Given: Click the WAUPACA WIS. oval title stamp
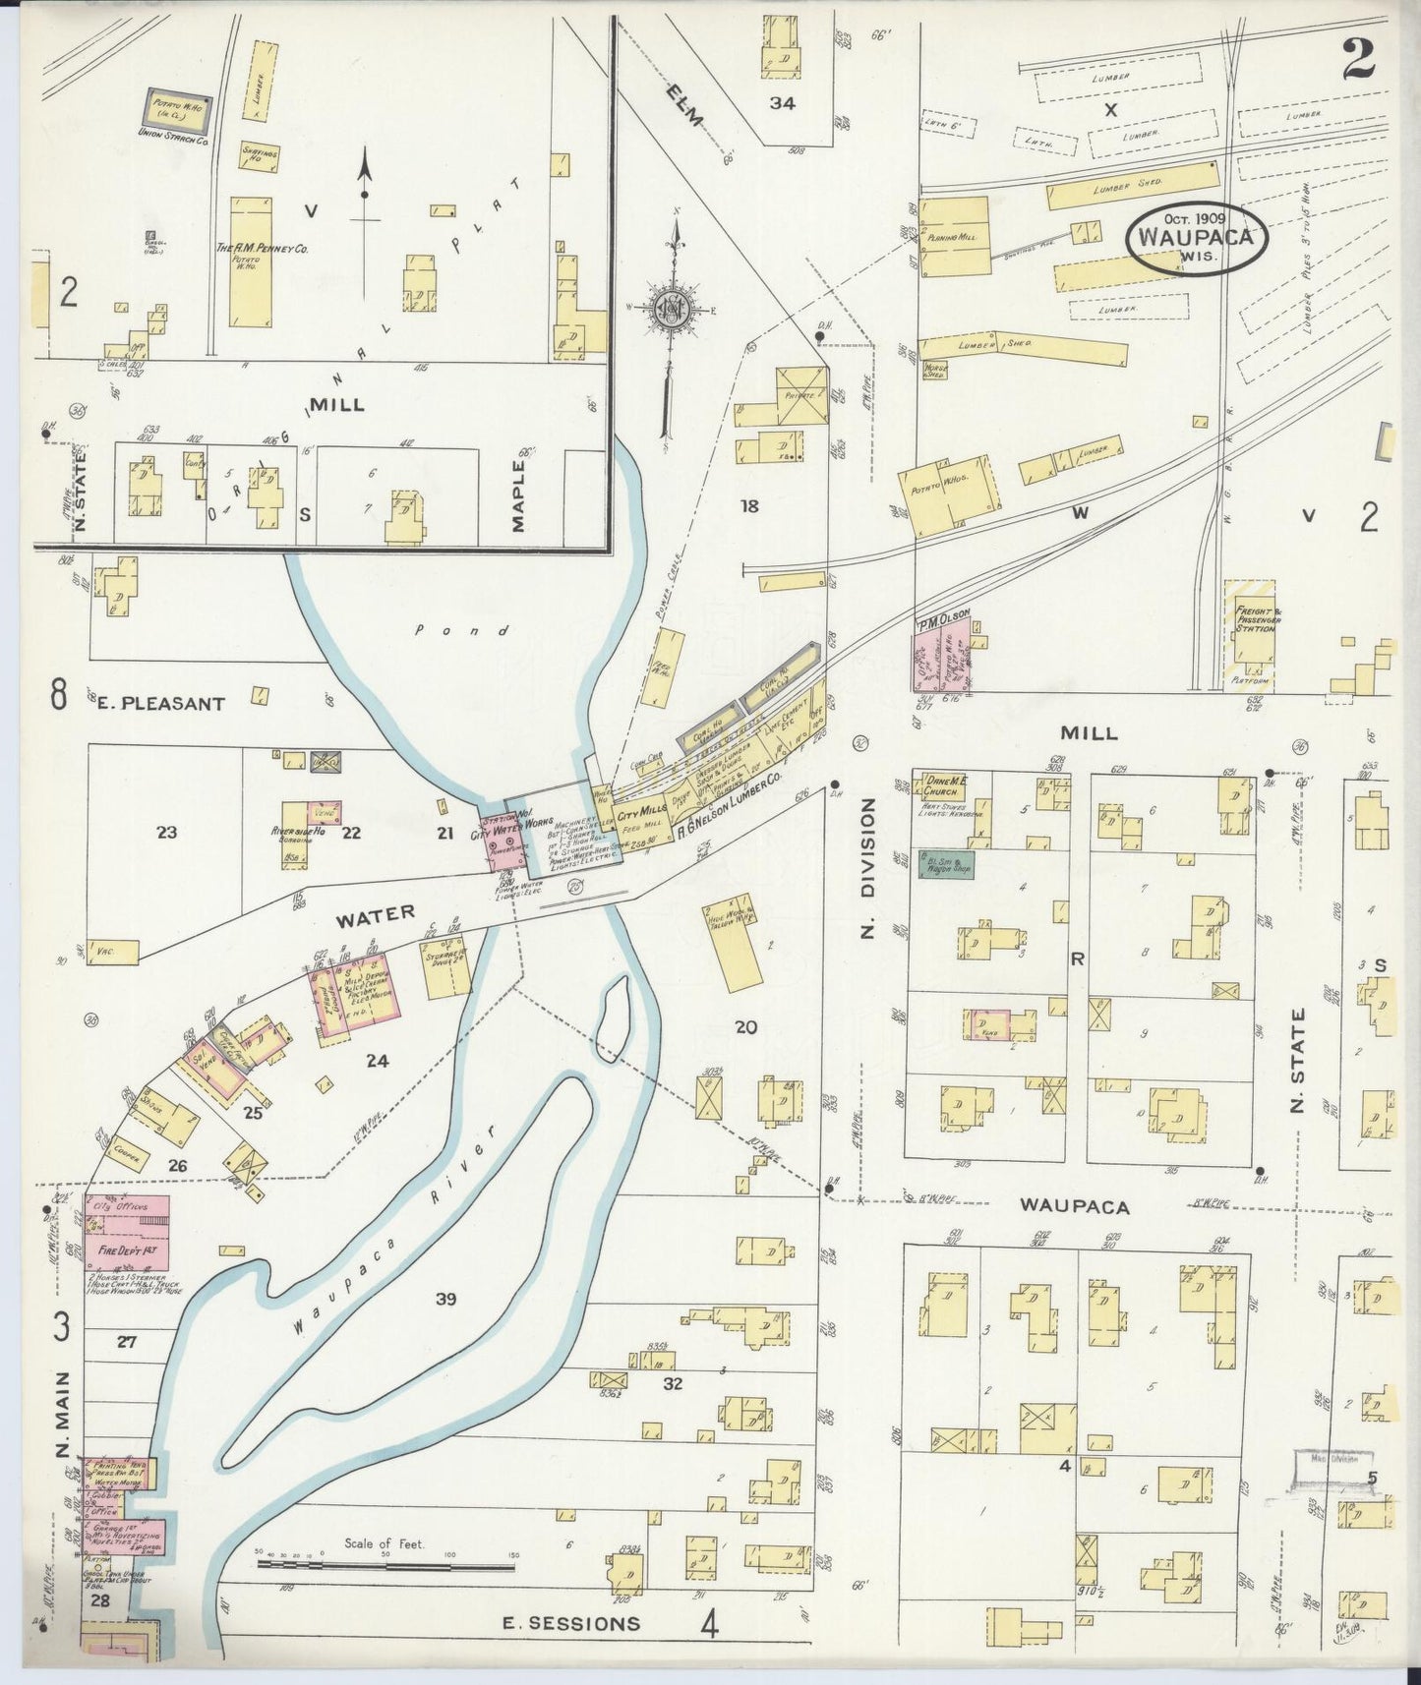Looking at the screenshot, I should click(x=1197, y=239).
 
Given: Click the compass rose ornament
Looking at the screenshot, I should click(x=673, y=309).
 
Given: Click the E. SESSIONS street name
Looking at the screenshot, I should click(x=570, y=1623).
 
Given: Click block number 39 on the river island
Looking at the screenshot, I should click(x=445, y=1300).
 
